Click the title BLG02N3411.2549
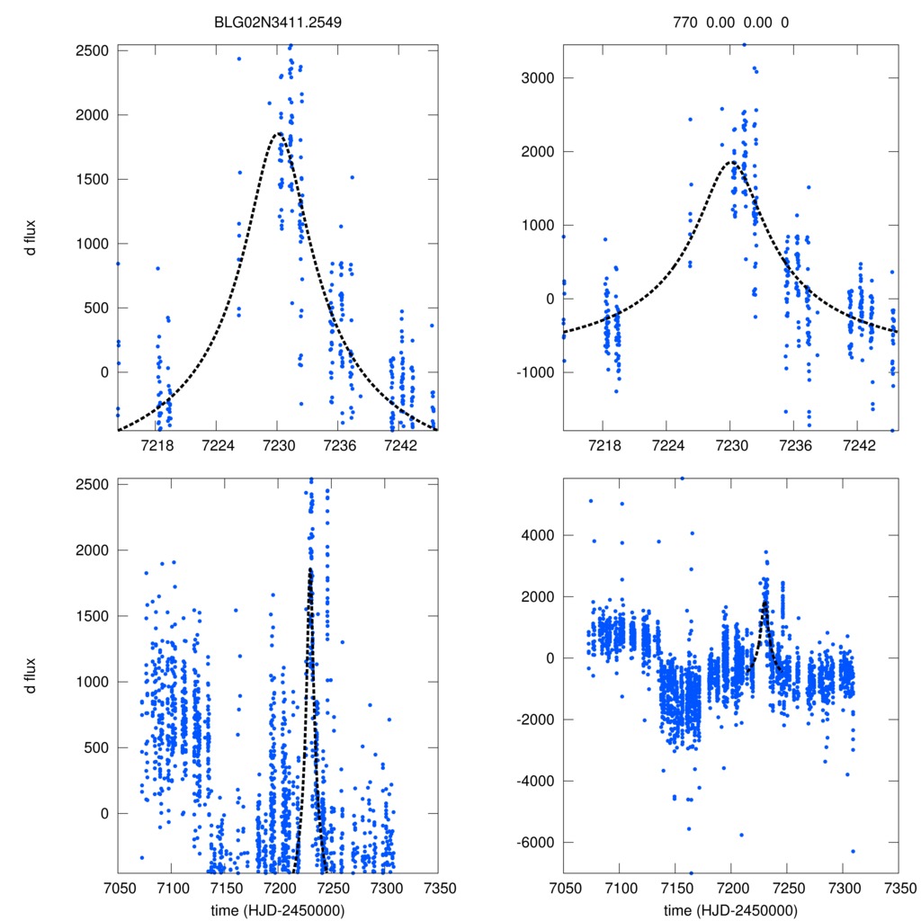[x=277, y=22]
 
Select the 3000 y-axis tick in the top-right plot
[x=538, y=78]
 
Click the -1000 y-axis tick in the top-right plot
[x=535, y=372]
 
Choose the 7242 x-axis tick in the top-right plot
[x=861, y=446]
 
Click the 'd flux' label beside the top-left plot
[x=31, y=243]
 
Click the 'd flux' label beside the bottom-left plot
[x=31, y=676]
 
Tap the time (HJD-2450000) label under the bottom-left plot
[x=277, y=909]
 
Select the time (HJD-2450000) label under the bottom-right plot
[x=730, y=909]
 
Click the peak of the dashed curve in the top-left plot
[x=278, y=133]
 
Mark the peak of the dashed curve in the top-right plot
[x=731, y=162]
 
